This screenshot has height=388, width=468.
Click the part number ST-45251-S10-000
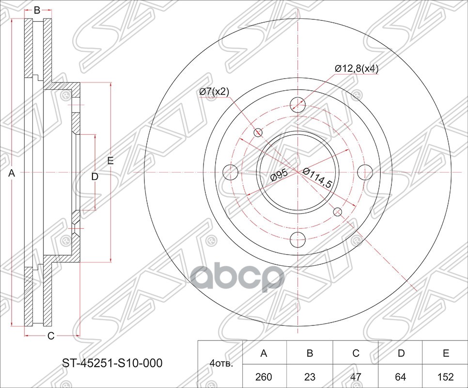point(112,363)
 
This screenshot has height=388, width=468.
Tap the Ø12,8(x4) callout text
point(357,69)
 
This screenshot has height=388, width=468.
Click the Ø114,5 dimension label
point(317,178)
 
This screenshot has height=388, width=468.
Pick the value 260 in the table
point(264,377)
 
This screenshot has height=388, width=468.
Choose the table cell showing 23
point(310,377)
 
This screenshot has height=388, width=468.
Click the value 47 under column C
point(356,377)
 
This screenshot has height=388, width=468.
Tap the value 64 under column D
point(400,377)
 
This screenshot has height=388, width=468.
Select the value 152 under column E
point(446,377)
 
